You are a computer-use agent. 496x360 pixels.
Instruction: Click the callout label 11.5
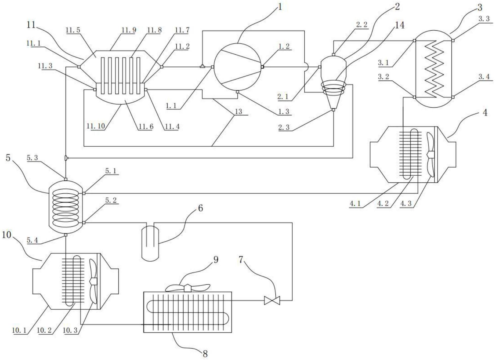[73, 30]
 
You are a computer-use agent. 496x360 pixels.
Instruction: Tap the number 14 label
[399, 25]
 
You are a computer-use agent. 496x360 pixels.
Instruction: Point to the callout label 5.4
[32, 241]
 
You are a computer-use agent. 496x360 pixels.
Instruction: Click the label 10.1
[19, 330]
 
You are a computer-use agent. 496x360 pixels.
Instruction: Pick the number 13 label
[238, 111]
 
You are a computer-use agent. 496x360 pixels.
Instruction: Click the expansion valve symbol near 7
[272, 301]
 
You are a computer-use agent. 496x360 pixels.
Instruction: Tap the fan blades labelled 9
[188, 288]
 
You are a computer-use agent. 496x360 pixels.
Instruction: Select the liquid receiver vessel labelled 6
[150, 242]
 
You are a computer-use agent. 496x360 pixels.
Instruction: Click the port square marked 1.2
[262, 67]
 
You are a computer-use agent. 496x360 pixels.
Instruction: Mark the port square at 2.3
[333, 110]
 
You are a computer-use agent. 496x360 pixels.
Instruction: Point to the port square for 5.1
[84, 193]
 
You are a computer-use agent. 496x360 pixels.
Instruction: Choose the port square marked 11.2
[162, 67]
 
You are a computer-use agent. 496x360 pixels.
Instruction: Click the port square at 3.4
[453, 97]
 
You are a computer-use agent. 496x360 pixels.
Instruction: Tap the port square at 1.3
[237, 92]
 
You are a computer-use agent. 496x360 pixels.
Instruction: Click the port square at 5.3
[66, 179]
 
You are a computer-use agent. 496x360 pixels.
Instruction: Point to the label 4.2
[383, 204]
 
